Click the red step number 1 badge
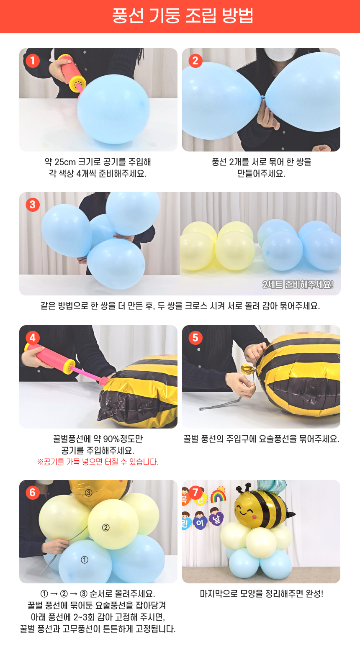pyautogui.click(x=33, y=61)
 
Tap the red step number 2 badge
pyautogui.click(x=195, y=61)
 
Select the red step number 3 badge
pyautogui.click(x=33, y=205)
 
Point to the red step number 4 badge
pyautogui.click(x=33, y=338)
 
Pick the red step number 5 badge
pyautogui.click(x=195, y=338)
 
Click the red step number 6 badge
pyautogui.click(x=33, y=493)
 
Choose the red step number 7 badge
pyautogui.click(x=195, y=493)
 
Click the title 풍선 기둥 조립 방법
pyautogui.click(x=183, y=16)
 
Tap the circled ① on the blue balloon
pyautogui.click(x=85, y=560)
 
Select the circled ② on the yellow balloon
pyautogui.click(x=106, y=527)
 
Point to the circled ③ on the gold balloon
pyautogui.click(x=89, y=493)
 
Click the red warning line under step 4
pyautogui.click(x=98, y=462)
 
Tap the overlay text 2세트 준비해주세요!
pyautogui.click(x=298, y=285)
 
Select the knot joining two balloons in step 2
pyautogui.click(x=263, y=96)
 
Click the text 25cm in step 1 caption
pyautogui.click(x=65, y=162)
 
